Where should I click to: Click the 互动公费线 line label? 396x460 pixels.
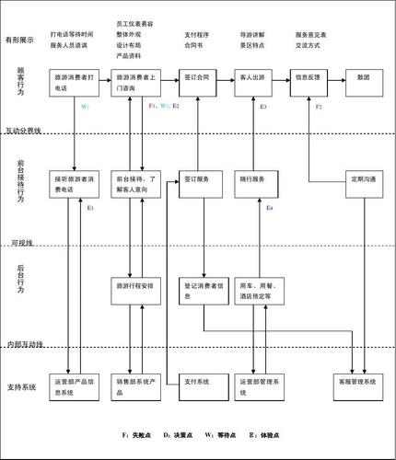(24, 132)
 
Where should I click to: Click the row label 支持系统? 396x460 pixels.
(20, 386)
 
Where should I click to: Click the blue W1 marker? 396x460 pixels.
(85, 108)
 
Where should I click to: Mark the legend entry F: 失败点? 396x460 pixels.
(136, 433)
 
